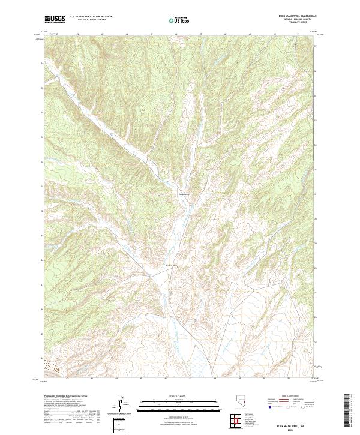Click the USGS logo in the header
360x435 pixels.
(55, 19)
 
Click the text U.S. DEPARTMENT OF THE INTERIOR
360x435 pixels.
(90, 17)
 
